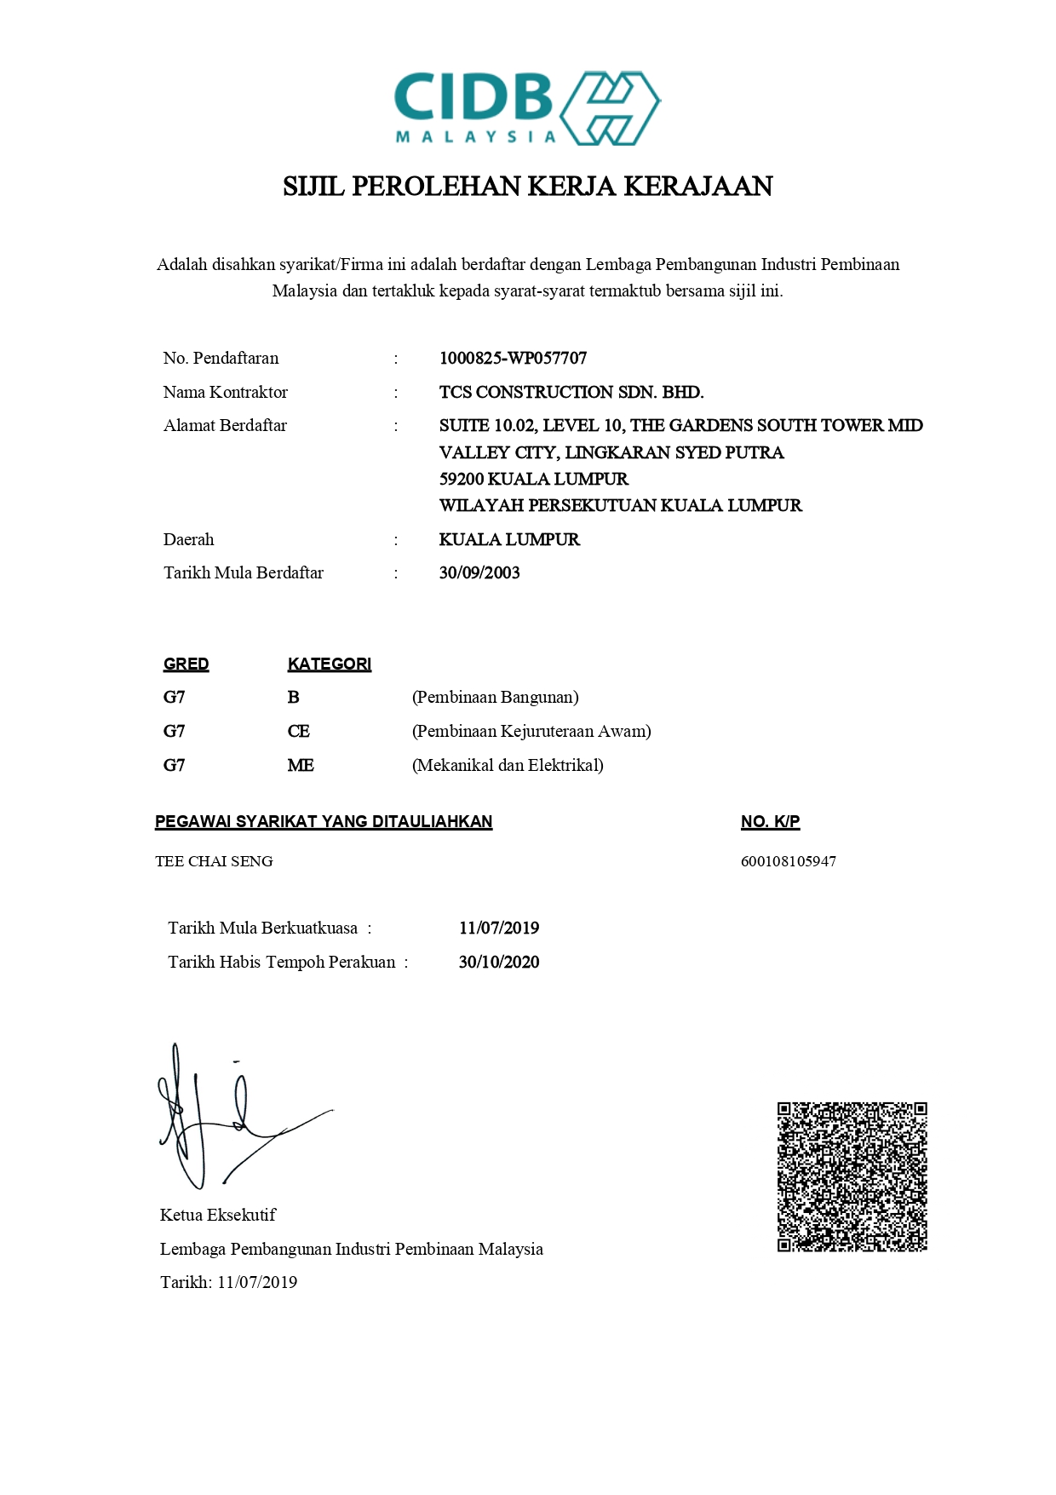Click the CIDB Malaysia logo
(527, 108)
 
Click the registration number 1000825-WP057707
(513, 359)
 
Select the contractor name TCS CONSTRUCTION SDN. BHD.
(571, 393)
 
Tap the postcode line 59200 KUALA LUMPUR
(533, 480)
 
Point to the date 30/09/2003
(479, 573)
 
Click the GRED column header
(186, 664)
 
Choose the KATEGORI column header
(329, 664)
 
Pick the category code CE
(299, 732)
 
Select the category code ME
(301, 766)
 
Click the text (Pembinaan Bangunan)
(495, 698)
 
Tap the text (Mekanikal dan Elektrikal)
(508, 766)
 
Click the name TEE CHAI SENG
(214, 861)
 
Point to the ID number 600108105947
(788, 861)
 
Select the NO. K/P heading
(770, 822)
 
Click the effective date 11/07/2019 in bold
(498, 929)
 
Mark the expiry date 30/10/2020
(498, 963)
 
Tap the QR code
(852, 1177)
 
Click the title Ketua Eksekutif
(217, 1216)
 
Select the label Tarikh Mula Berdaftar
(243, 573)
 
